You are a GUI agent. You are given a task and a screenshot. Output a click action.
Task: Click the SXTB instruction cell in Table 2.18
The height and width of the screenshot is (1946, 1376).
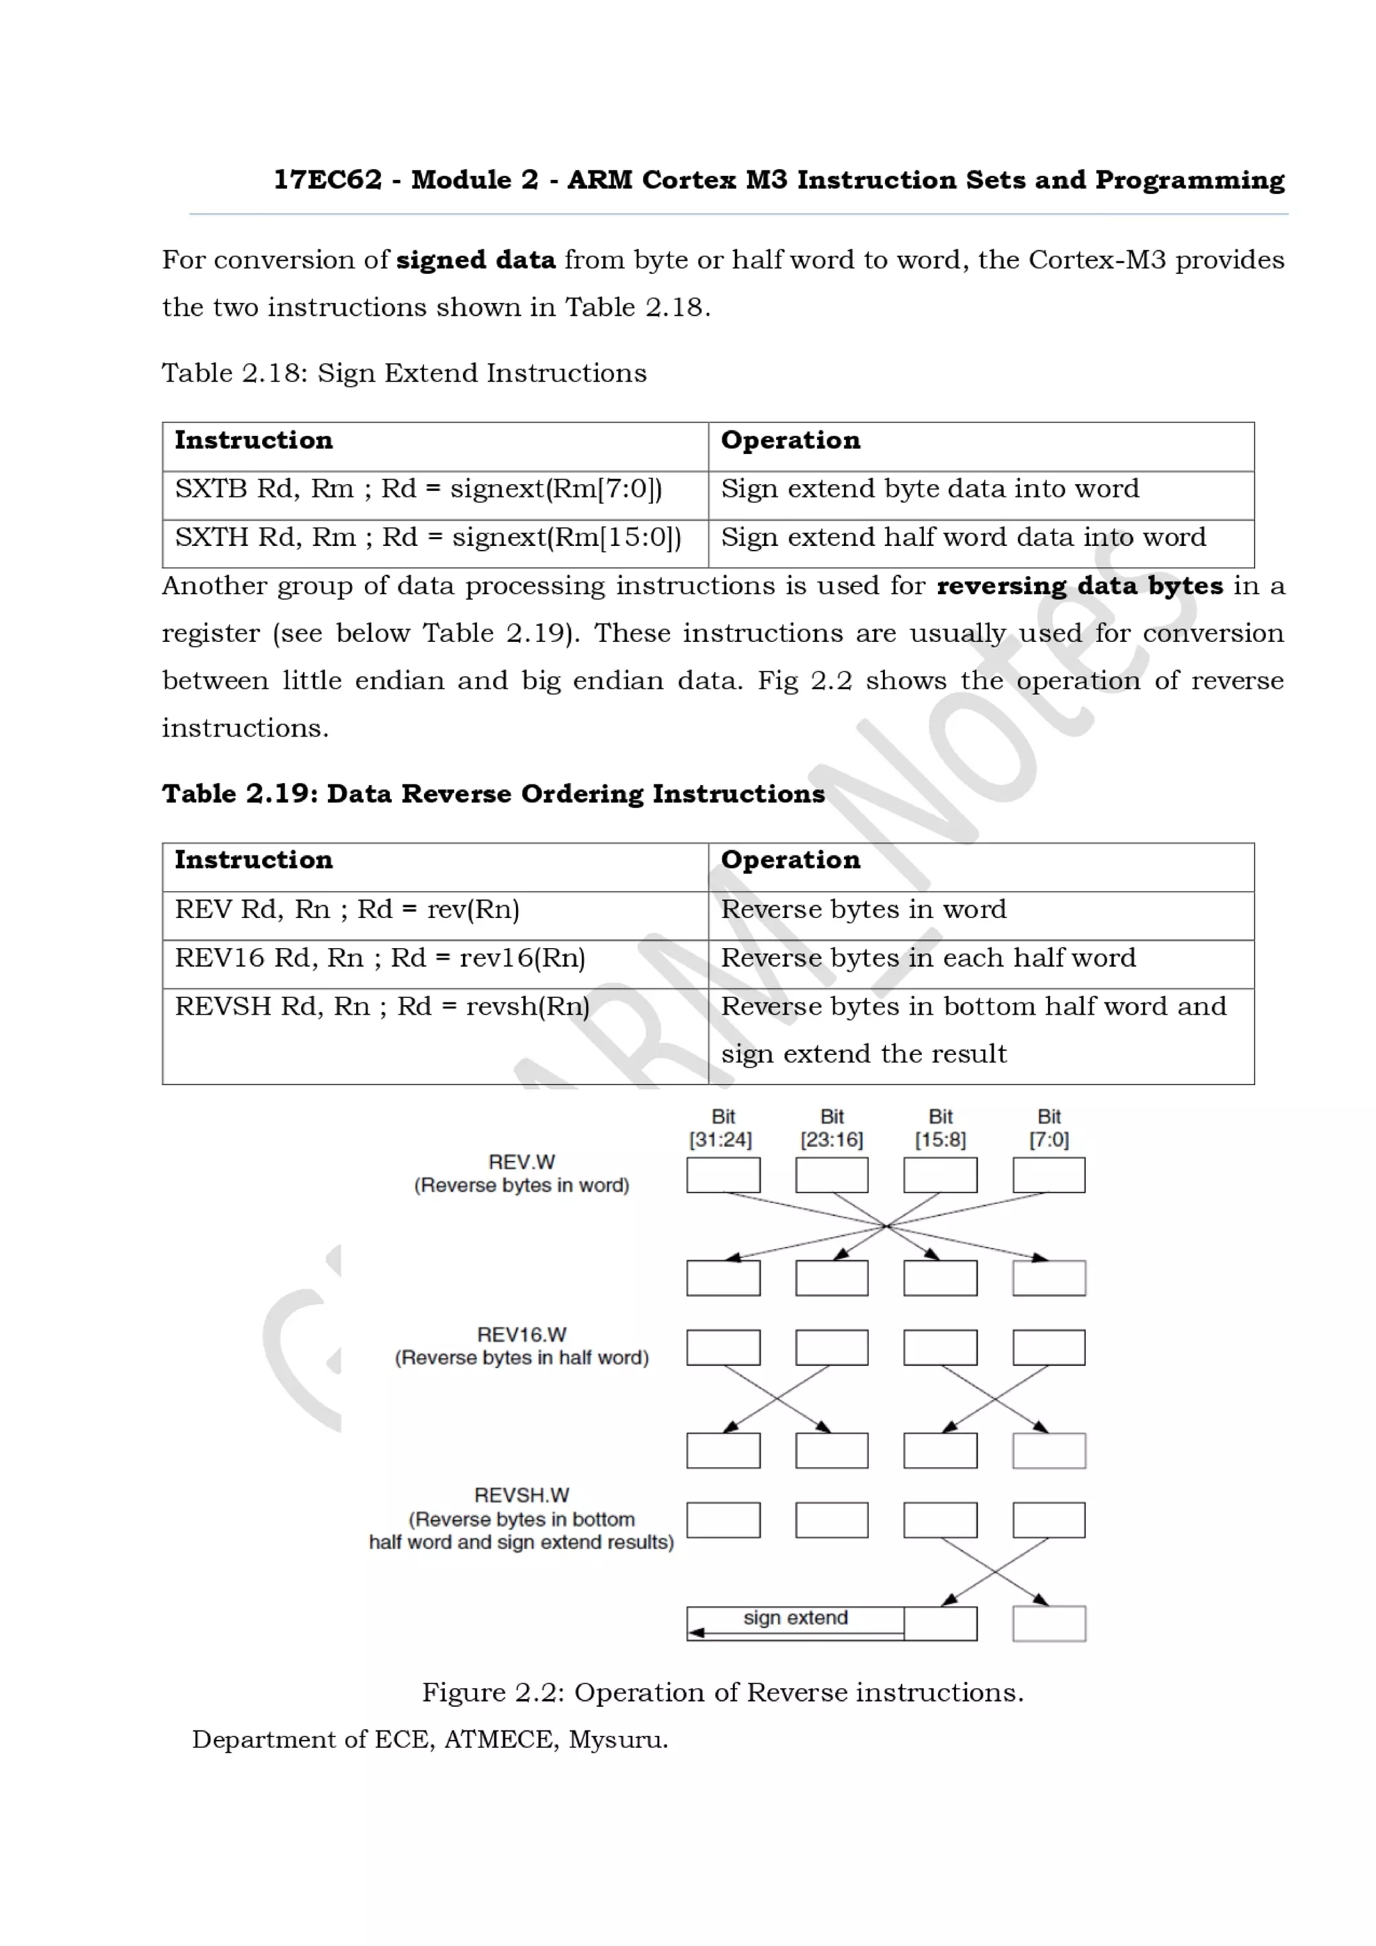pos(418,489)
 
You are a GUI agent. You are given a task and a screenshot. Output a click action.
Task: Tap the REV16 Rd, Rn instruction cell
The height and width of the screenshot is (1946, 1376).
pos(380,958)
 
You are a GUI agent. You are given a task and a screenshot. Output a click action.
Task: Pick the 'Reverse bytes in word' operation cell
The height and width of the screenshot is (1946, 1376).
pos(863,909)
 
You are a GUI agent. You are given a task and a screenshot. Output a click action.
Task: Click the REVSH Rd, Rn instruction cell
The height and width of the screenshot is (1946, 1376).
pos(382,1006)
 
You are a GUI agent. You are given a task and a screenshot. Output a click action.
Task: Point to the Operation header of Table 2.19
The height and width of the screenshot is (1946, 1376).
pos(790,860)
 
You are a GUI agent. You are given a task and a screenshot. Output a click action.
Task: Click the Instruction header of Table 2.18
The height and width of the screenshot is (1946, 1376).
pos(253,441)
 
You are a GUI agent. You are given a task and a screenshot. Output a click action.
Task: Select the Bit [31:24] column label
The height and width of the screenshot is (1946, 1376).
pos(722,1128)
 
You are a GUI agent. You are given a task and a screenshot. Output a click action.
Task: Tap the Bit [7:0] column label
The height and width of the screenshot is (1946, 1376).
pos(1049,1128)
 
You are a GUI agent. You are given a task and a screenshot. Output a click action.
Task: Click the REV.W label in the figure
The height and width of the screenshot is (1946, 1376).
pos(521,1162)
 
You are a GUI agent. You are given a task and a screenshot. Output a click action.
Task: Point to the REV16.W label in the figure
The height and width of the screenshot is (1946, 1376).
pos(521,1335)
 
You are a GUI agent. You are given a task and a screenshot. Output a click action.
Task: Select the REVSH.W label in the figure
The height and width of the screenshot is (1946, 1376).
pos(521,1495)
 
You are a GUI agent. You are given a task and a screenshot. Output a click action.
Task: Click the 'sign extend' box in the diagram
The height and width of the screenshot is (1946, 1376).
pos(795,1618)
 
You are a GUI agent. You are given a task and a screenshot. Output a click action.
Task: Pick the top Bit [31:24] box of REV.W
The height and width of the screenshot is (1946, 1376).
pos(723,1176)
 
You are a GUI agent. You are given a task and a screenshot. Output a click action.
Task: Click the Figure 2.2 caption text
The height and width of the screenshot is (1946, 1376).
pos(722,1693)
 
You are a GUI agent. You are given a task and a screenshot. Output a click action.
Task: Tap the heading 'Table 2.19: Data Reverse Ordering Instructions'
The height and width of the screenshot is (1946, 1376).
pos(492,794)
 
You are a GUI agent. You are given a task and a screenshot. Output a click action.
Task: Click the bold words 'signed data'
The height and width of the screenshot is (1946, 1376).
pos(476,260)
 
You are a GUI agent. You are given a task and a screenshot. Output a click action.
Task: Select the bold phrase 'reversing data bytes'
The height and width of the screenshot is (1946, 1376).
pos(1079,586)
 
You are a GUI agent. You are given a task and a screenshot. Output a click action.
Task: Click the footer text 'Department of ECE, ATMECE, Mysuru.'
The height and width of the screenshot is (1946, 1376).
pos(430,1740)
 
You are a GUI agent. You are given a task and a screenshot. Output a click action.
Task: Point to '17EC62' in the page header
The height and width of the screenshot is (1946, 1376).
pos(327,181)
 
